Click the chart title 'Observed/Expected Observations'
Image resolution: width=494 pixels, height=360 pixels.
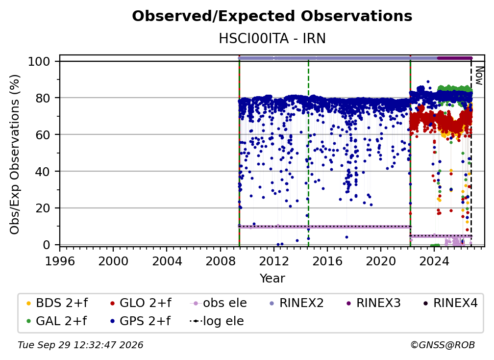coord(272,16)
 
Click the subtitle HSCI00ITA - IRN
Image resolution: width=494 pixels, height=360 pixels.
coord(272,39)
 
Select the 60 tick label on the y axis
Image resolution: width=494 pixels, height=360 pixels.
coord(43,135)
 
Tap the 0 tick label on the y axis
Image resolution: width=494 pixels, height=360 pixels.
coord(46,245)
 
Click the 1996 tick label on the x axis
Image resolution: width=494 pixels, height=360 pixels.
coord(60,261)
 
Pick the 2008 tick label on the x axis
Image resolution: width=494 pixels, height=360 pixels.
coord(220,261)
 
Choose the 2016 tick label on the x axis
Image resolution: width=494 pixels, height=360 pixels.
coord(327,261)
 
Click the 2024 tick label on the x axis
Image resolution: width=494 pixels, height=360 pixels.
coord(434,261)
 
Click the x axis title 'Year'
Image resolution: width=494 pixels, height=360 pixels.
coord(272,279)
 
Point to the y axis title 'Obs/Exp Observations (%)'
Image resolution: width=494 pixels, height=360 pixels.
coord(15,154)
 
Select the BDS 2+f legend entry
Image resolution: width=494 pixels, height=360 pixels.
coord(57,303)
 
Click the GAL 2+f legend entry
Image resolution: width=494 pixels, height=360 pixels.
coord(57,321)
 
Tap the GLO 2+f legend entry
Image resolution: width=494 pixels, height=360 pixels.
coord(141,303)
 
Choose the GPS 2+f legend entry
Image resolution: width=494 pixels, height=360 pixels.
coord(140,321)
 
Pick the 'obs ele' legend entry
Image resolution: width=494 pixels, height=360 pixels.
coord(219,303)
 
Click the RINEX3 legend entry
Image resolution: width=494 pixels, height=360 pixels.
coord(373,303)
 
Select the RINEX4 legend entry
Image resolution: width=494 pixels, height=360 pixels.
coord(450,303)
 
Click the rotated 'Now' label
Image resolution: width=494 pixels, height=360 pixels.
coord(479,76)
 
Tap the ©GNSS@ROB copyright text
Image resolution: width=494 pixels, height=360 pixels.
coord(443,345)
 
